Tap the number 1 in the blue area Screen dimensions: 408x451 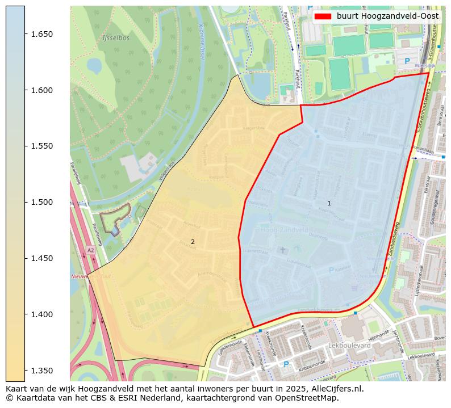[x=329, y=203]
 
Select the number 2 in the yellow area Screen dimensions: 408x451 [x=193, y=242]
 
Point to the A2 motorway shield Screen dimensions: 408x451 [x=91, y=250]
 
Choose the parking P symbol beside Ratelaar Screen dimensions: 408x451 [x=331, y=270]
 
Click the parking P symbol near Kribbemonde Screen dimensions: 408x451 [x=286, y=364]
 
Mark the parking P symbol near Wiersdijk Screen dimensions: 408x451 [x=407, y=61]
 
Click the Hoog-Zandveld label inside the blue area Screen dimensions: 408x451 [x=284, y=230]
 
